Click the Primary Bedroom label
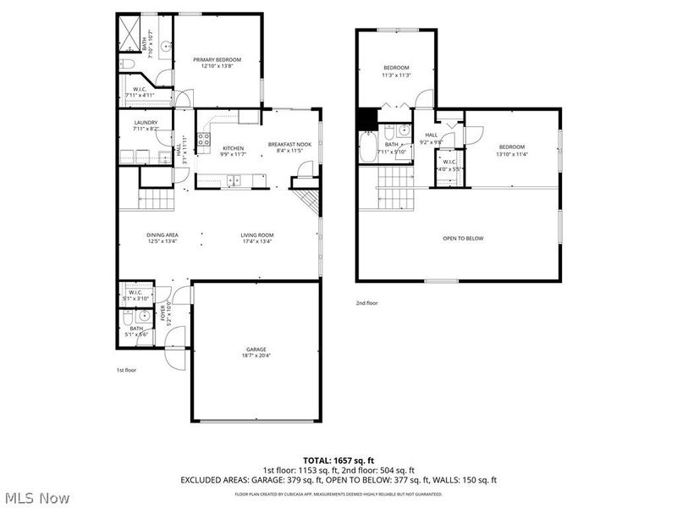[217, 59]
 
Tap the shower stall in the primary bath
[129, 33]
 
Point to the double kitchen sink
[234, 179]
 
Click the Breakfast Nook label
[289, 145]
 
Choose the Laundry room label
[146, 124]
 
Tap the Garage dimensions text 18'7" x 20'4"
[256, 356]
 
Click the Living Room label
[257, 235]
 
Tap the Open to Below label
[463, 239]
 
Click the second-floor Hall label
[431, 135]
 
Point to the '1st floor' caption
[126, 370]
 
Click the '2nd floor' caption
[366, 302]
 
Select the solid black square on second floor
[366, 119]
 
